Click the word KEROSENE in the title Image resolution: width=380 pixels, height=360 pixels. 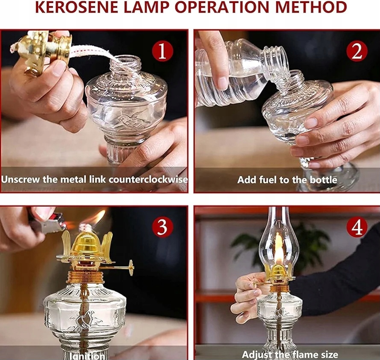77,8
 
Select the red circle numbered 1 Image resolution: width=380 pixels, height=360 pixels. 162,51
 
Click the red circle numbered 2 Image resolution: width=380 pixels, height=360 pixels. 357,51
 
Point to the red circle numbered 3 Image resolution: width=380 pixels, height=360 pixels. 162,227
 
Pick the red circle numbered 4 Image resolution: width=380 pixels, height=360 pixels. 357,227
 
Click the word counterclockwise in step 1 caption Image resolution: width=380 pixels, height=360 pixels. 148,180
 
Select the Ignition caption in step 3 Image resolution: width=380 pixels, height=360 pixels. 87,356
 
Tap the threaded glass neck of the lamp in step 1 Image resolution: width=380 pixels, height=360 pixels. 125,64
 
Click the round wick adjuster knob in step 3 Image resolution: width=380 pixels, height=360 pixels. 131,267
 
